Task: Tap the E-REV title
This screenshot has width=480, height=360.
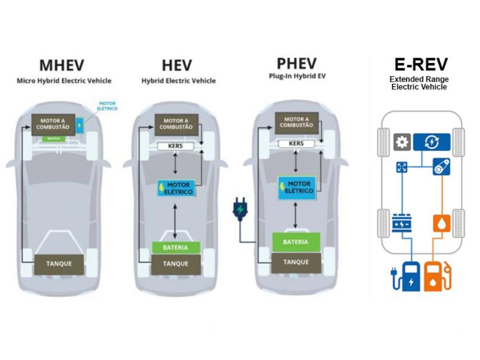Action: pyautogui.click(x=421, y=64)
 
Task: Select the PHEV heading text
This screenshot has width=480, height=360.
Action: pyautogui.click(x=297, y=63)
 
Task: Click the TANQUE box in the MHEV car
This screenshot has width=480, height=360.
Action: pyautogui.click(x=60, y=264)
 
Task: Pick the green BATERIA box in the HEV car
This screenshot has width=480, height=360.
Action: pyautogui.click(x=175, y=248)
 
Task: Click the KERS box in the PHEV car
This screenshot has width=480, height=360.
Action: pyautogui.click(x=297, y=144)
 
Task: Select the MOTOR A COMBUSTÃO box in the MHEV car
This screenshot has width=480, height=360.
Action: pyautogui.click(x=54, y=124)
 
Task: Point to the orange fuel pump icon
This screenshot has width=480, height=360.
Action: pyautogui.click(x=437, y=276)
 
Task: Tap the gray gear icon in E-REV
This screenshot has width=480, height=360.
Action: pyautogui.click(x=401, y=142)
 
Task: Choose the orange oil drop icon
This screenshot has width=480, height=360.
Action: pyautogui.click(x=441, y=224)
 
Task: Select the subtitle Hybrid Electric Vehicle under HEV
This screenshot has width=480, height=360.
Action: pyautogui.click(x=179, y=81)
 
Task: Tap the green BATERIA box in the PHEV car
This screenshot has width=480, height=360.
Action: pyautogui.click(x=296, y=242)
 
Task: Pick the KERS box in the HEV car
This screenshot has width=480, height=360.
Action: pyautogui.click(x=175, y=145)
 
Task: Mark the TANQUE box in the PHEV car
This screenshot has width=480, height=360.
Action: pyautogui.click(x=296, y=262)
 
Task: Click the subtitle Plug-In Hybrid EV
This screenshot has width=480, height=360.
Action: pyautogui.click(x=297, y=76)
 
